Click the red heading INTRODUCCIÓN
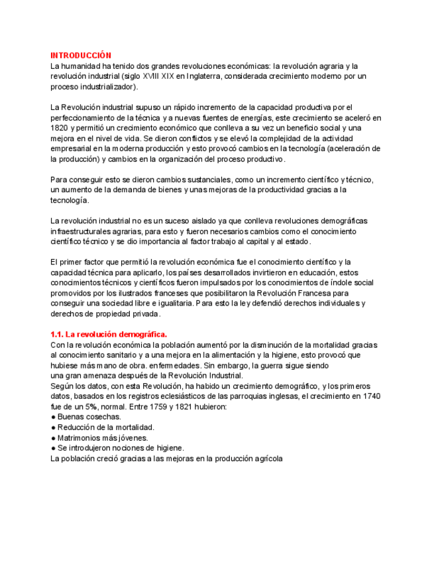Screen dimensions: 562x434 [x=81, y=56]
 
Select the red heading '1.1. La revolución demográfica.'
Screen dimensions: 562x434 [x=109, y=335]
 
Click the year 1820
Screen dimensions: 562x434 [x=59, y=128]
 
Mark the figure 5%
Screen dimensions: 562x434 [x=91, y=406]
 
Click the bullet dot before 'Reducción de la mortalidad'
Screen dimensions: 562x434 [x=53, y=427]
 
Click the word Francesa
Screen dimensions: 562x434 [x=311, y=292]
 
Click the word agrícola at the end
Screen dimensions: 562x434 [x=267, y=458]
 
